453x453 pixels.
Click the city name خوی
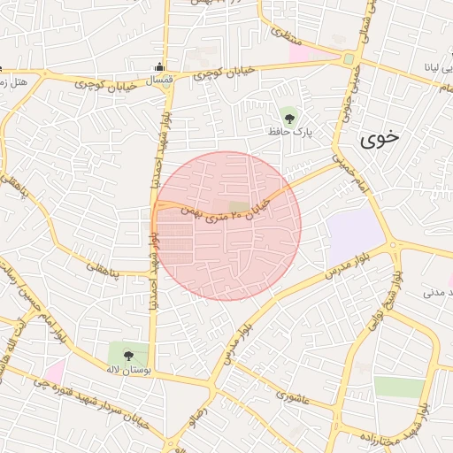(x=380, y=138)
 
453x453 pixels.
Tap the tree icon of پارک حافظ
(x=288, y=115)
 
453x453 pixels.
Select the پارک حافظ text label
(x=291, y=132)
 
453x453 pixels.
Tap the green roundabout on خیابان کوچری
(x=349, y=59)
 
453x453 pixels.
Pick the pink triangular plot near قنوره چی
(x=55, y=372)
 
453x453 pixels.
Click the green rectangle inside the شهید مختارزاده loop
(x=399, y=387)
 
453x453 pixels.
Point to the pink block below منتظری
(x=302, y=54)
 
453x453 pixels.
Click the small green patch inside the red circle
(x=238, y=209)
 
